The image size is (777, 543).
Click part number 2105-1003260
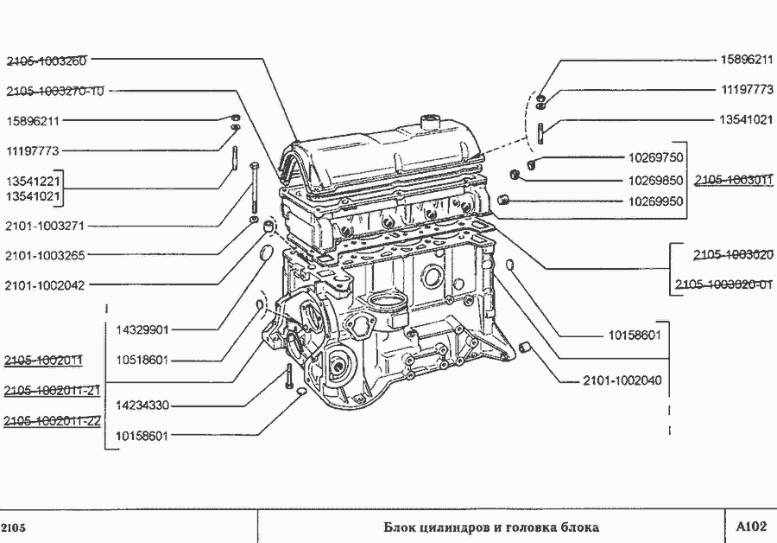click(47, 61)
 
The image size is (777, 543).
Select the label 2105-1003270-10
click(55, 91)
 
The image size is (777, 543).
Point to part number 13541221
click(33, 182)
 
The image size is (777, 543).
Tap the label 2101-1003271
click(45, 226)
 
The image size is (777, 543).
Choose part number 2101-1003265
click(45, 255)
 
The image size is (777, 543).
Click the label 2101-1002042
click(45, 284)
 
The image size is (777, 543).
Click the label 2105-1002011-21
click(52, 391)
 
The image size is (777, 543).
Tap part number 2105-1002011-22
click(52, 421)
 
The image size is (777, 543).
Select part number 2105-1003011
click(734, 180)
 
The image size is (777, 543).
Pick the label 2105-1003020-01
click(723, 284)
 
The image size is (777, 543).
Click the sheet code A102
click(750, 527)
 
